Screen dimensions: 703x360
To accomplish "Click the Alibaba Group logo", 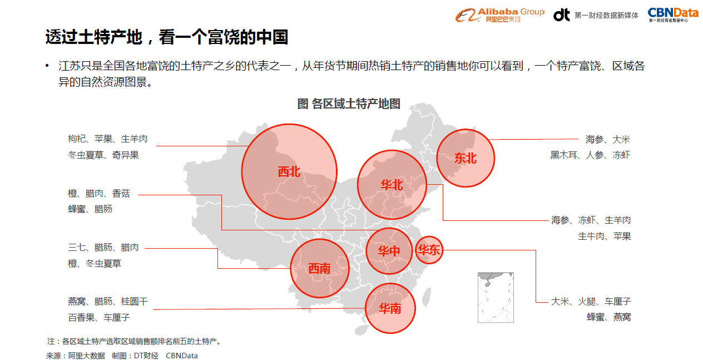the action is [499, 15].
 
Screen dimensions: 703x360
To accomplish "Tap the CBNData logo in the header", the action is [672, 15].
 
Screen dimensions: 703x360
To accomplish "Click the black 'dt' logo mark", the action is [561, 15].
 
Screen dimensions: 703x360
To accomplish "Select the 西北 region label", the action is [289, 172].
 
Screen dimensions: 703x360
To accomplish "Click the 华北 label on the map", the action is [392, 185].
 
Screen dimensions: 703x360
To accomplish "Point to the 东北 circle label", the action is [465, 158].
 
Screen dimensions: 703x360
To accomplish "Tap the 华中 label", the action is [389, 251].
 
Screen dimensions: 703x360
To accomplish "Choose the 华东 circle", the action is [429, 250].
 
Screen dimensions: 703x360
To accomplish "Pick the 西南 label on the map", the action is [319, 269].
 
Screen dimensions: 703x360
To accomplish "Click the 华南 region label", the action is [390, 308].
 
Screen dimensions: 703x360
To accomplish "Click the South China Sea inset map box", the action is [496, 297].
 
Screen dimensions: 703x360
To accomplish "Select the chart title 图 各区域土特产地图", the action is [349, 104].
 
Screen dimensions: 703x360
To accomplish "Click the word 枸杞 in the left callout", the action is [77, 139].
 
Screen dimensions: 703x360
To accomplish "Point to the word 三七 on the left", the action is [77, 248].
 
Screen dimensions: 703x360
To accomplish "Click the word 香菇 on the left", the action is [121, 194].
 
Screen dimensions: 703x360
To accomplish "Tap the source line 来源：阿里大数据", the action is [75, 356].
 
